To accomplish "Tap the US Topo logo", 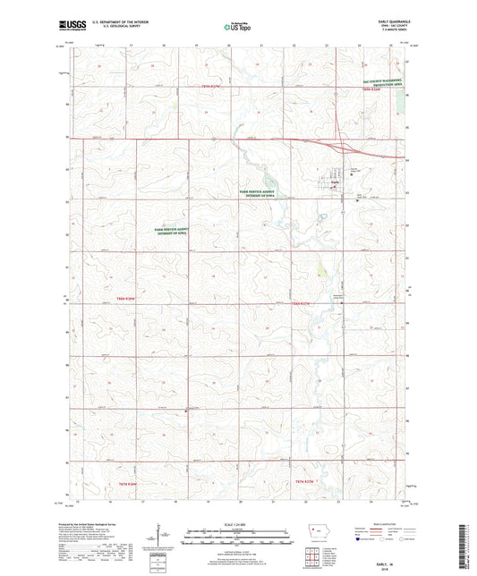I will point(235,28).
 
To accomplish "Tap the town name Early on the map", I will point(334,183).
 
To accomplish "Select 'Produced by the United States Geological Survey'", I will point(108,524).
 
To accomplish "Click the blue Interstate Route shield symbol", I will point(359,540).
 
